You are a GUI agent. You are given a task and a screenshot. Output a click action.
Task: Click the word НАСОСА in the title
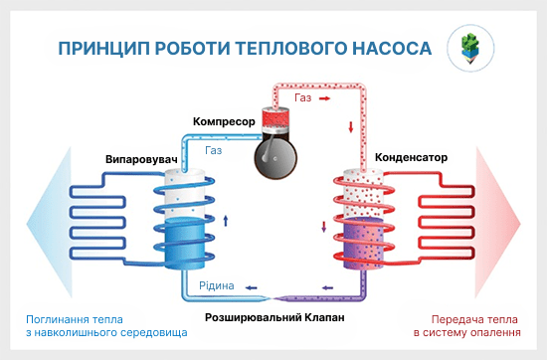[384, 48]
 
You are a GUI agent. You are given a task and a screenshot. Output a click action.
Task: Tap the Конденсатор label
[411, 158]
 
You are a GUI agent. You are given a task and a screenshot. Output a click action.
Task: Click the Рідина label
[216, 285]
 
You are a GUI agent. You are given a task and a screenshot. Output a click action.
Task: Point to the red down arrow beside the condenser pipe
[350, 127]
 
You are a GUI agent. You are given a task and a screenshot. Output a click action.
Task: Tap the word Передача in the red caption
[439, 319]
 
